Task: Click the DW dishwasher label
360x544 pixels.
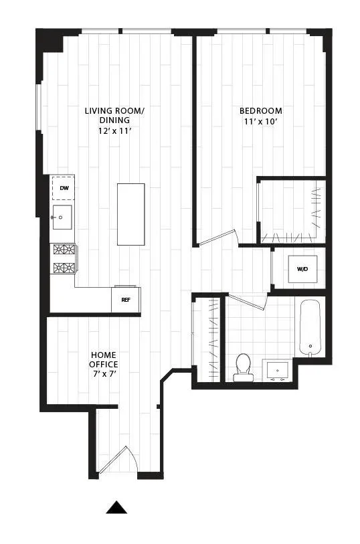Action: [x=64, y=188]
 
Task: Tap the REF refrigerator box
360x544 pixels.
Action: [x=125, y=300]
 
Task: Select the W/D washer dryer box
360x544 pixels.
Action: [x=302, y=270]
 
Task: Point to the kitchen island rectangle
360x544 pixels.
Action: [x=130, y=214]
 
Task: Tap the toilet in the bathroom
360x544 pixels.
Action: [x=242, y=367]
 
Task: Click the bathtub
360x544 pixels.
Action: [x=312, y=328]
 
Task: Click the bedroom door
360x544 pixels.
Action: [x=218, y=238]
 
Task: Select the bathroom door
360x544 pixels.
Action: [x=248, y=301]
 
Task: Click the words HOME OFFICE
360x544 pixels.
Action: [x=104, y=359]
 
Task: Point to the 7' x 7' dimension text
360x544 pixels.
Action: [x=105, y=374]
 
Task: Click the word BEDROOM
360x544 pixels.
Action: [x=261, y=111]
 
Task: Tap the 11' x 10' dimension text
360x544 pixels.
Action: [x=261, y=122]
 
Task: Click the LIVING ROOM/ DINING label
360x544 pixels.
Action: [x=114, y=116]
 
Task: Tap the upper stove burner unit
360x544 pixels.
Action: [x=64, y=251]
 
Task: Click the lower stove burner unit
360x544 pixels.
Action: [x=64, y=269]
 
